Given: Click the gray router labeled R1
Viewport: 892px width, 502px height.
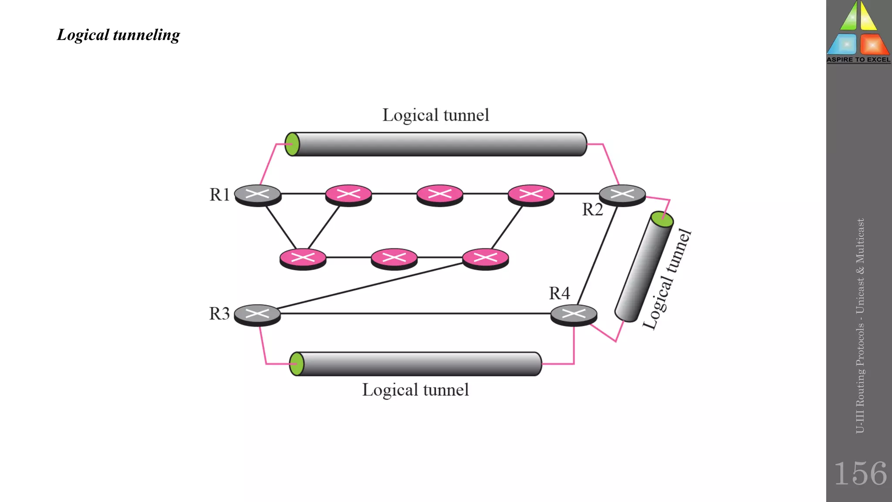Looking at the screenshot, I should click(x=257, y=194).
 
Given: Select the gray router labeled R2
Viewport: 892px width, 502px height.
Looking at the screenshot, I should click(x=622, y=194).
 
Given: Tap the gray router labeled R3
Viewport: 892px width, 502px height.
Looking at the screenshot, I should click(x=257, y=314).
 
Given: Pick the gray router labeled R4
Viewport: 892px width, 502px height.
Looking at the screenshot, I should click(x=574, y=314).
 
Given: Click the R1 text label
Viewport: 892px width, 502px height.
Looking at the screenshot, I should click(x=219, y=195).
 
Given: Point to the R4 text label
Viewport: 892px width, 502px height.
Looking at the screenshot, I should click(x=559, y=293).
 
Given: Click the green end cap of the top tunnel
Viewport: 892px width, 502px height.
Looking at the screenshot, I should click(x=292, y=144).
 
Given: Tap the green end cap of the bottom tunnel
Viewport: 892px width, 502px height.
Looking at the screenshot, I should click(x=297, y=364).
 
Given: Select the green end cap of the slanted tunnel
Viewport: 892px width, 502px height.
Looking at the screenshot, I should click(x=662, y=219).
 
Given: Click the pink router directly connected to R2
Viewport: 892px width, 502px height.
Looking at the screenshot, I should click(x=530, y=194).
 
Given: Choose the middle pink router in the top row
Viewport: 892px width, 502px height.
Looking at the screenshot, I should click(x=439, y=194).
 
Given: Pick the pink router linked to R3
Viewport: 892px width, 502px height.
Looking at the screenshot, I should click(x=485, y=258).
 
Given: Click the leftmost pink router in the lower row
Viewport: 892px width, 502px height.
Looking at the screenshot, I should click(x=303, y=258).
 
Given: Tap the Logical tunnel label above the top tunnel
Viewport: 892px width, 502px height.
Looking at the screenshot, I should click(x=436, y=115).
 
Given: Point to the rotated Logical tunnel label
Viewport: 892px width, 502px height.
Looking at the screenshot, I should click(x=667, y=279).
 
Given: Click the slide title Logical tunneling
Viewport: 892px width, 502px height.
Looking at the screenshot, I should click(x=118, y=35).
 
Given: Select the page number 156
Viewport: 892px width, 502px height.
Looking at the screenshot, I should click(x=860, y=474).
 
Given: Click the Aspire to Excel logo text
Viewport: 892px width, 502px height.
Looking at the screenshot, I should click(x=858, y=60).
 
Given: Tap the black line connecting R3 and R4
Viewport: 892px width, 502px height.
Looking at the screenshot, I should click(x=414, y=313).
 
